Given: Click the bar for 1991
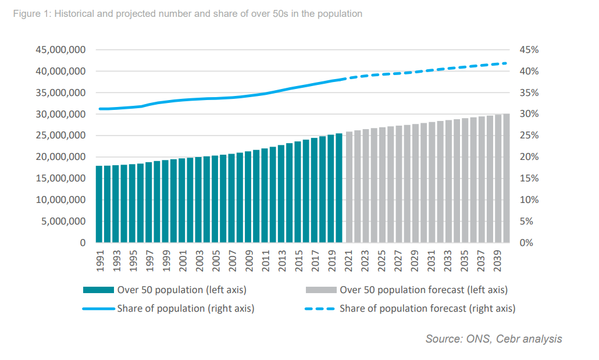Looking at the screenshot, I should click(99, 204).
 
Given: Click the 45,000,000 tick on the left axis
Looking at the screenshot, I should click(60, 50).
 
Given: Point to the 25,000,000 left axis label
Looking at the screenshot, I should click(60, 136).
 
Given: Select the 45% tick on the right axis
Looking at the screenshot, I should click(528, 50).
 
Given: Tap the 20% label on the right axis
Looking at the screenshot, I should click(528, 157).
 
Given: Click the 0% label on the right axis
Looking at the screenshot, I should click(526, 243).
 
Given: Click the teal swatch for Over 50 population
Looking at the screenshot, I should click(99, 290).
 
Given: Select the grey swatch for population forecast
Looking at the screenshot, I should click(320, 290).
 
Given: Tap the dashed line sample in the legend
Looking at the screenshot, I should click(320, 308).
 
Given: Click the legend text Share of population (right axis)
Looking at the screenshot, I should click(186, 308).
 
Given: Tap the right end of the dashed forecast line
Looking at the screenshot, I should click(507, 63).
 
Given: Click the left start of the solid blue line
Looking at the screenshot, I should click(99, 109).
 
